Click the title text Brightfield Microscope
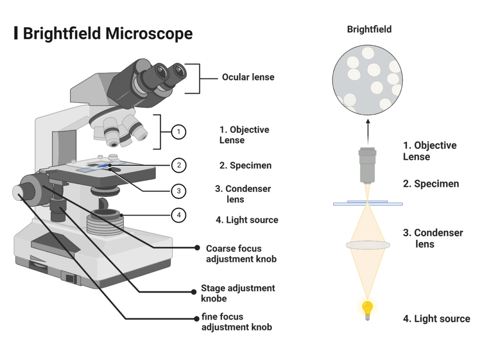[107, 33]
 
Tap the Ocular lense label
[248, 77]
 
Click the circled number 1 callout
[178, 132]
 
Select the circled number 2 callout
[178, 165]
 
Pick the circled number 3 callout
[178, 191]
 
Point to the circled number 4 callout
[178, 216]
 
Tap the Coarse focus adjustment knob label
[241, 254]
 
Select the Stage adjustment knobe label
[238, 293]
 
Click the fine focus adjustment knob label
[236, 322]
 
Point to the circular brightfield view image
[368, 80]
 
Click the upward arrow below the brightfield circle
[368, 128]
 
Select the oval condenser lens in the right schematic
[368, 245]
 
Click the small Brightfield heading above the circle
[369, 30]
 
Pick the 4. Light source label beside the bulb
[436, 319]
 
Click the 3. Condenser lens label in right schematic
[433, 238]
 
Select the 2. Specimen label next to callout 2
[245, 166]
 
